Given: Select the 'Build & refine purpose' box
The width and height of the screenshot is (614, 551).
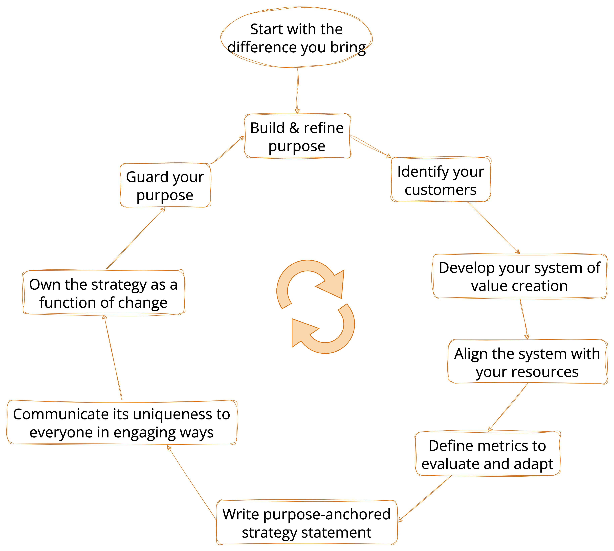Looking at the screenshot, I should tap(297, 136).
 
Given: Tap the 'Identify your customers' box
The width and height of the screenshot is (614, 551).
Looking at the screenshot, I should tap(440, 180).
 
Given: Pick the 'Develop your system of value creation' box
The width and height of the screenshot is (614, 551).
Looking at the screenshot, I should tap(520, 276).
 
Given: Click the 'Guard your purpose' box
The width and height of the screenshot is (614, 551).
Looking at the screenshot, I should tap(165, 186).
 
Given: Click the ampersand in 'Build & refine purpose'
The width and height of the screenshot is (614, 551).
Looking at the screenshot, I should tap(294, 128).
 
